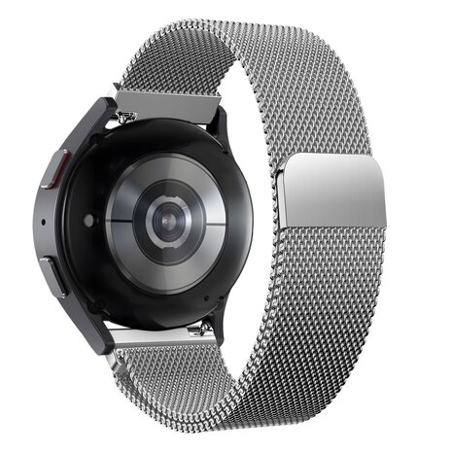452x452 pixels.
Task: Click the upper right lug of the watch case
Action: click(x=221, y=126)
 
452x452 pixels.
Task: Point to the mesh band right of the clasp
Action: click(x=399, y=194)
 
